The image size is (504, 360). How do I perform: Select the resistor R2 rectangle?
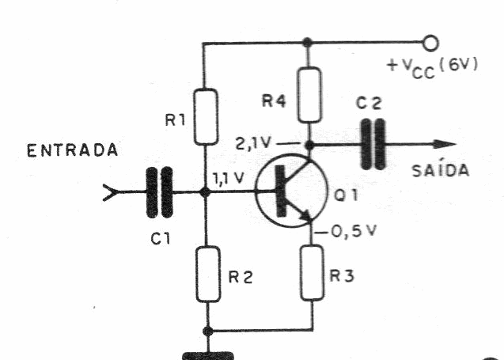pos(208,274)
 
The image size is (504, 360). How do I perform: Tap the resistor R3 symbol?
pos(313,272)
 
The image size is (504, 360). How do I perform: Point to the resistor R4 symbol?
pos(310,93)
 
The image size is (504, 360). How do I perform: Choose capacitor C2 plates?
pos(371,145)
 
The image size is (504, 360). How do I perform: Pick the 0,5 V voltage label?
pos(344,234)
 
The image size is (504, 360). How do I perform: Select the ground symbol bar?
pos(207,355)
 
